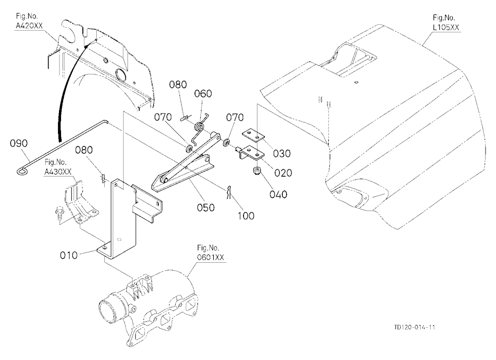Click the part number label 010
[68, 255]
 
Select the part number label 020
[283, 173]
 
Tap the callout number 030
[282, 153]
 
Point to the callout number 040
[278, 194]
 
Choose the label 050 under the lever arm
[206, 208]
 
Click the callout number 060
[203, 94]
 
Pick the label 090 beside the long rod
[19, 143]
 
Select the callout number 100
[247, 216]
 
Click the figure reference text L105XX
[446, 28]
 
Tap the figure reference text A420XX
[29, 26]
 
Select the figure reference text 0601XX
[210, 257]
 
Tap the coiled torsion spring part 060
[199, 126]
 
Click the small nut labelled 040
[257, 172]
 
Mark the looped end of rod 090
[22, 171]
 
